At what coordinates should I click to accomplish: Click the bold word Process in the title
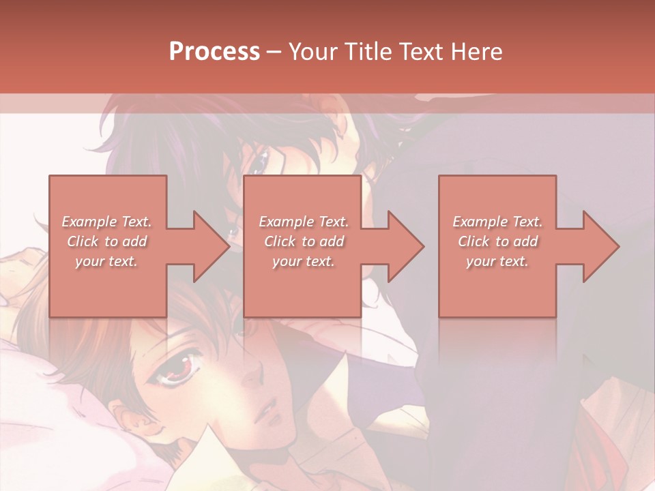point(214,52)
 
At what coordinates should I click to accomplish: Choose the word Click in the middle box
point(280,241)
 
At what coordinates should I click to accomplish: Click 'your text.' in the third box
point(497,261)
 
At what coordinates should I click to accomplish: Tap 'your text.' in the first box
point(107,261)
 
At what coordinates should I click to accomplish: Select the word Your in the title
point(312,52)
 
